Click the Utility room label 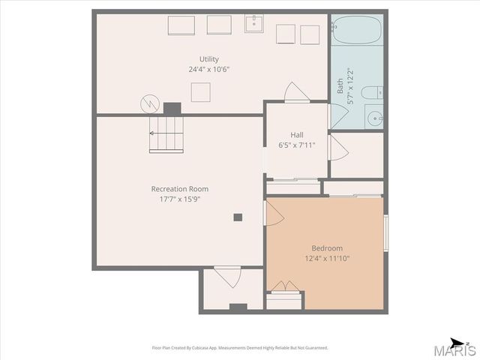click(209, 59)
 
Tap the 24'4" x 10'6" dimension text click(209, 69)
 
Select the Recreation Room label click(180, 189)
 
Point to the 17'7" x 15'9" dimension click(180, 199)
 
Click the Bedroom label click(327, 248)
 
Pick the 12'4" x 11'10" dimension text click(327, 259)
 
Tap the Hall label click(297, 135)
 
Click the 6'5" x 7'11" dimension click(297, 145)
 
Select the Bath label click(340, 85)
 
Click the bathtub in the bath click(358, 30)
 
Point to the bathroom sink click(374, 118)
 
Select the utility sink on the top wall click(255, 24)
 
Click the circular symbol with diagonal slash click(148, 103)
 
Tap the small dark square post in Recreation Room click(238, 217)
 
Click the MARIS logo click(455, 349)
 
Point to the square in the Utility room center click(200, 92)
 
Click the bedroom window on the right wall click(386, 232)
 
